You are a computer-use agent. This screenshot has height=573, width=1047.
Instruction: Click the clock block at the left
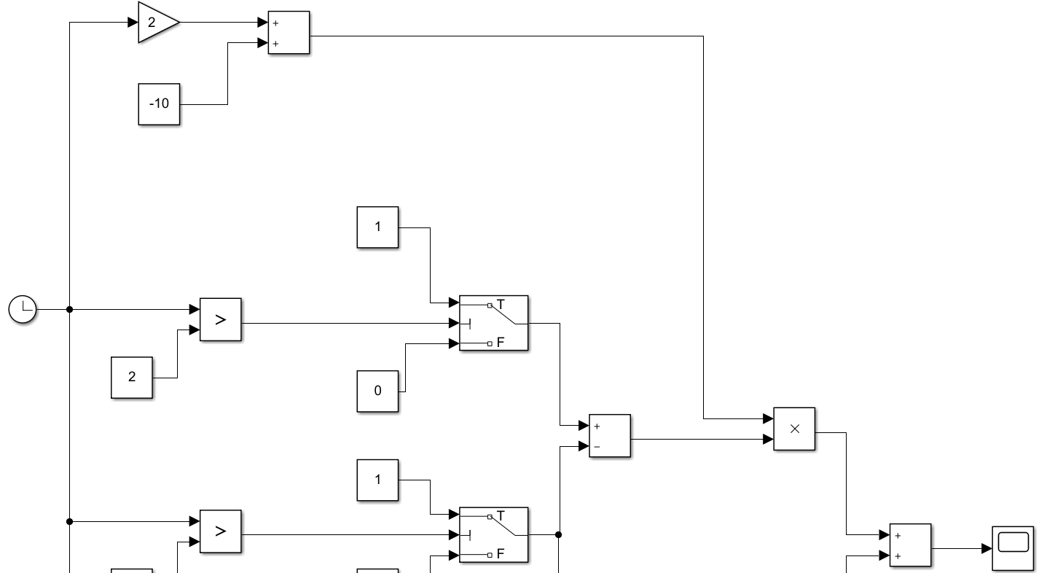(23, 309)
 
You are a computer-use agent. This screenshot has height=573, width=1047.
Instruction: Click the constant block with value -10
(159, 104)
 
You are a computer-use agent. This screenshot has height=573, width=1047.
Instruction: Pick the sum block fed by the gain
(289, 33)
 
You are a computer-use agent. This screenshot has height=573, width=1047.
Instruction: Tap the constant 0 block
(377, 391)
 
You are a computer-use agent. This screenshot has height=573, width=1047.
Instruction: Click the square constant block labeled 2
(132, 377)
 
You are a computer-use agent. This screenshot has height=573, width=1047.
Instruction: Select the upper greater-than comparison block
(220, 319)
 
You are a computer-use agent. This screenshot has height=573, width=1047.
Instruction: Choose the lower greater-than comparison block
(220, 531)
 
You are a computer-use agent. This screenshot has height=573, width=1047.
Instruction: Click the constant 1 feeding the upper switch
(377, 227)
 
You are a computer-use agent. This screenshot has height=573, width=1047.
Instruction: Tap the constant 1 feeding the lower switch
(377, 480)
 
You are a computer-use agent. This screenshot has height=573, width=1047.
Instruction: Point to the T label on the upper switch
(501, 304)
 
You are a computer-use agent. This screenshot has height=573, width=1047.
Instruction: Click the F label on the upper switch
(501, 341)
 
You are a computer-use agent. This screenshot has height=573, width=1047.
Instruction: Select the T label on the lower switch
(501, 515)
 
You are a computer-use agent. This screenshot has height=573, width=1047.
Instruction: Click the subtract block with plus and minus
(610, 435)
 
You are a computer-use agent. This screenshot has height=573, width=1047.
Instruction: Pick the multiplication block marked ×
(794, 429)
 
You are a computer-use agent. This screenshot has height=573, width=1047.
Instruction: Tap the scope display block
(1013, 548)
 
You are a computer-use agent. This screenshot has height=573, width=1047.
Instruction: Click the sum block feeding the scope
(910, 545)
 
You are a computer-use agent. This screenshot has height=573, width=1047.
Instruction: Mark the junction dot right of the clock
(69, 309)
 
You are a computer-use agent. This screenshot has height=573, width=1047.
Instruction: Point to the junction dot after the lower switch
(558, 534)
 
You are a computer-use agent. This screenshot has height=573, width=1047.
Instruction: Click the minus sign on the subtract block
(596, 446)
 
